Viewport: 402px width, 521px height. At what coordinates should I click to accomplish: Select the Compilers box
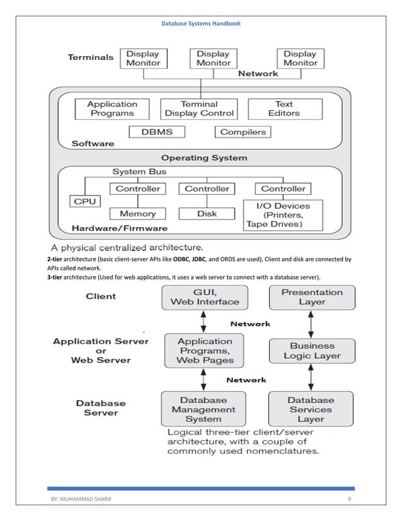pyautogui.click(x=243, y=132)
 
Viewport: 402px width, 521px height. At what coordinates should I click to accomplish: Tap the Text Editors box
pyautogui.click(x=284, y=108)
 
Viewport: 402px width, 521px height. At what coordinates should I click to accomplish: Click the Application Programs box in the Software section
pyautogui.click(x=112, y=108)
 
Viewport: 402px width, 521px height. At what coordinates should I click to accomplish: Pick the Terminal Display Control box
pyautogui.click(x=199, y=108)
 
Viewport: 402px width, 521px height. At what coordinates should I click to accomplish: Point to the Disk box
pyautogui.click(x=207, y=214)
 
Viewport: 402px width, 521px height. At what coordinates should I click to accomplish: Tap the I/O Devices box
pyautogui.click(x=282, y=214)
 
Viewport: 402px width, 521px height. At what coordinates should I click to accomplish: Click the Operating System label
pyautogui.click(x=204, y=158)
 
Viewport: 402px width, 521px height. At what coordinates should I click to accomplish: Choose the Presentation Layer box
pyautogui.click(x=311, y=297)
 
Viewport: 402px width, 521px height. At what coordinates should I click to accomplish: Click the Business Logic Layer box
pyautogui.click(x=311, y=350)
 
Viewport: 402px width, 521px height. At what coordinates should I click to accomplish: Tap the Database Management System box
pyautogui.click(x=203, y=409)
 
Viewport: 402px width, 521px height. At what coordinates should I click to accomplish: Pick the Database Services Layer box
pyautogui.click(x=311, y=409)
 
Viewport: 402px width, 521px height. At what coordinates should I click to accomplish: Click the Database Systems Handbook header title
pyautogui.click(x=200, y=23)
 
